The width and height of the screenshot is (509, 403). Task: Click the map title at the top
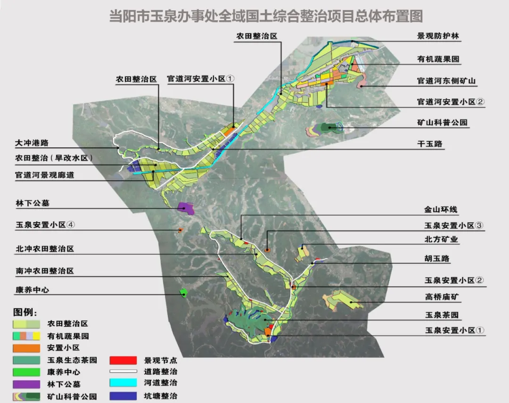266,16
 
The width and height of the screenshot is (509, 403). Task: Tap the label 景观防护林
438,36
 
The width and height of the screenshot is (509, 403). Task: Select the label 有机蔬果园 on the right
438,59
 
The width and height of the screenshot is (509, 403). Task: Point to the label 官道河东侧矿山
446,81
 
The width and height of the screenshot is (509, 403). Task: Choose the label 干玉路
430,144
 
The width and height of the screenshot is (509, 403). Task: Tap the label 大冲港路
32,142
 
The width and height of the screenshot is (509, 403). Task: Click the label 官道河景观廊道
45,175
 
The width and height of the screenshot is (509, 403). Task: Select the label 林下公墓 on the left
32,203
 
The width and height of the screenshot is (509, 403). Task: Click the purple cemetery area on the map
186,208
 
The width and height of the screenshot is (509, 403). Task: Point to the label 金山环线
441,210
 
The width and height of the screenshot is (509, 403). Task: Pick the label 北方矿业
441,240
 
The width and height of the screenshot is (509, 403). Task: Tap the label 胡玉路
437,259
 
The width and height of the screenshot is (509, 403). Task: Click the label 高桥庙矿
441,297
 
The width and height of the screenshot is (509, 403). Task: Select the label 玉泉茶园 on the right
442,315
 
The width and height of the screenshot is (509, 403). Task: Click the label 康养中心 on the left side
32,290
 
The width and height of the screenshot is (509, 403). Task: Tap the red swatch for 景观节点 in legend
123,361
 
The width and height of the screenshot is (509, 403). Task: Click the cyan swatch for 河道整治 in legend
123,383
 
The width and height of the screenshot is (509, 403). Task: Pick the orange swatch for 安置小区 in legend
26,348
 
